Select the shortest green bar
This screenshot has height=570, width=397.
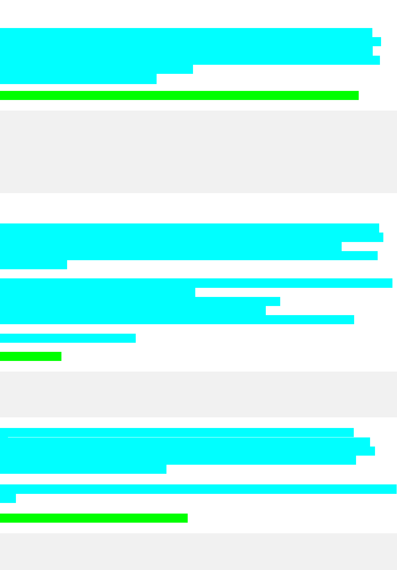[x=31, y=356]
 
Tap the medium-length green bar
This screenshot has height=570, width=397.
[x=94, y=518]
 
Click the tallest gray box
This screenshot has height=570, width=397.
[x=198, y=152]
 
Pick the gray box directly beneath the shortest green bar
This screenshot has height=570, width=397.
[x=198, y=394]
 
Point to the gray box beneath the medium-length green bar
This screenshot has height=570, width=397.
[x=198, y=551]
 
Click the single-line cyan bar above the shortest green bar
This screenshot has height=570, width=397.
[x=68, y=338]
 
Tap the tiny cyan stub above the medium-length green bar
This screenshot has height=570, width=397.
[x=8, y=498]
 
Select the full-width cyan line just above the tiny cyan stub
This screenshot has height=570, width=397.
[x=198, y=489]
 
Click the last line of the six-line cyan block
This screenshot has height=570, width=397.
[x=78, y=79]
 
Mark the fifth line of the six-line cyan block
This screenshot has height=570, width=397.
[x=96, y=70]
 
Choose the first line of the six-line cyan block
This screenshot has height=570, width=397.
[x=186, y=33]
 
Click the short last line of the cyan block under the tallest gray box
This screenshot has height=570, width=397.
[x=33, y=265]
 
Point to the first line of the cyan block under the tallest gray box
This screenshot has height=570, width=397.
[x=189, y=228]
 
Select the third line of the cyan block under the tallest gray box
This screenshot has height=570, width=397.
[x=171, y=247]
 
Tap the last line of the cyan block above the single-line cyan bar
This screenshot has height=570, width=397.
[x=177, y=320]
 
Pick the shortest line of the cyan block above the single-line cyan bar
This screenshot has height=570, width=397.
[x=97, y=292]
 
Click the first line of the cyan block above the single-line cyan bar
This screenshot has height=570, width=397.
[x=196, y=283]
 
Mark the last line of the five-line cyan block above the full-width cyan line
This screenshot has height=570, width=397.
[x=83, y=469]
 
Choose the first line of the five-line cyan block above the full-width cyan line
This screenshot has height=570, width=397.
[x=177, y=433]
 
